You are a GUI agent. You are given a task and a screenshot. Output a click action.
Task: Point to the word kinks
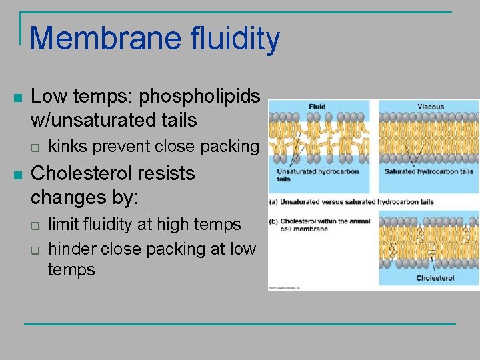click(71, 146)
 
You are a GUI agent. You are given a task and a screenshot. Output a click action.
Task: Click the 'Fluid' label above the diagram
click(317, 107)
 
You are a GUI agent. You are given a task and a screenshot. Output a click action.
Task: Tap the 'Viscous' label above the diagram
click(430, 107)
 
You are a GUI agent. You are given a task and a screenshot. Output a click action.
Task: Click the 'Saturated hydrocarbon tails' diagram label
click(429, 171)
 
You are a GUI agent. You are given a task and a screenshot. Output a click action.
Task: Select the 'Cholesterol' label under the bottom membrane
click(435, 277)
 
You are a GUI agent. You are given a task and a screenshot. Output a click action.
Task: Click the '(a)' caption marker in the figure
click(273, 201)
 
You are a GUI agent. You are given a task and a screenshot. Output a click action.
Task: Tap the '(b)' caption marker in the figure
click(273, 221)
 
